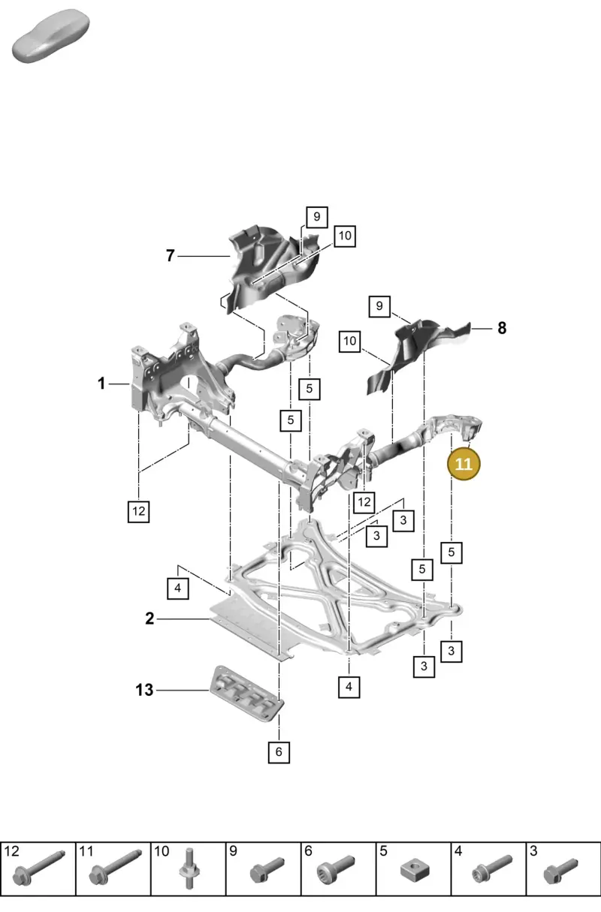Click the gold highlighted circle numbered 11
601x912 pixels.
point(464,464)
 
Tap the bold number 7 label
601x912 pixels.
point(171,256)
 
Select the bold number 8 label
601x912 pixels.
point(502,328)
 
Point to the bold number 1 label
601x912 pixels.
point(101,383)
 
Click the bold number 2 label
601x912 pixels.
point(149,619)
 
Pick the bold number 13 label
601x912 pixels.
point(144,690)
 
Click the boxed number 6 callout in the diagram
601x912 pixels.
point(279,751)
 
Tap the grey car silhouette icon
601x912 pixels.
point(51,36)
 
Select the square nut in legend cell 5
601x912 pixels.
point(415,871)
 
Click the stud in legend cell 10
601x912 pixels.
point(189,870)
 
